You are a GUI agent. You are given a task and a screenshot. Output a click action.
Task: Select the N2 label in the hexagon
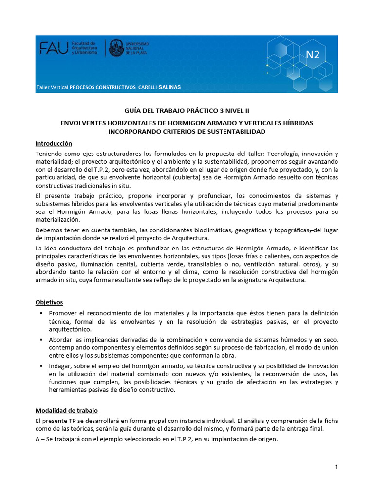tap(313, 54)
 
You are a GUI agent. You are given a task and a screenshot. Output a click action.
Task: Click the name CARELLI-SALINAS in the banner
tap(159, 87)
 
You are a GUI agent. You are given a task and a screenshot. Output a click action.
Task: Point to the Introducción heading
tap(54, 144)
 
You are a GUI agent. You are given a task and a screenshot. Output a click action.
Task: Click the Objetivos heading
tap(49, 302)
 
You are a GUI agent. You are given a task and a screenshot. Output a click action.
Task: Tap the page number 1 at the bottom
tap(336, 467)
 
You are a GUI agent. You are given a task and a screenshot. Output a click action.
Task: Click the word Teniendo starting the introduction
tap(49, 154)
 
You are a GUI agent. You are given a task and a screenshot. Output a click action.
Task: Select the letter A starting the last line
tap(38, 438)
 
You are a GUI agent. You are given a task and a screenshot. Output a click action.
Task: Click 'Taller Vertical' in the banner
tap(52, 87)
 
